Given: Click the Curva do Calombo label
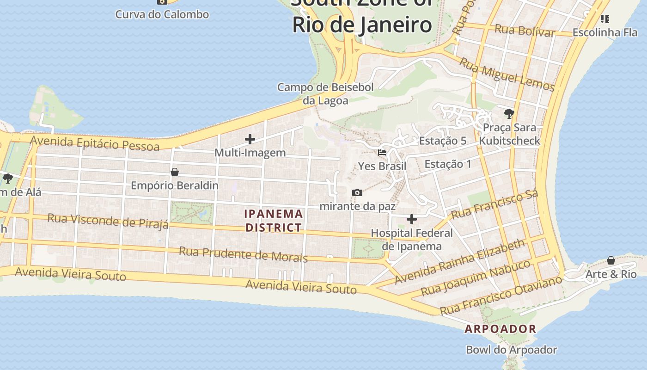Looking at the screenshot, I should click(162, 14).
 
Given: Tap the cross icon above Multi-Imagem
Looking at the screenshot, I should click(250, 139).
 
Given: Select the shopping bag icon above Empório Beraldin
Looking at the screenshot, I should click(175, 172).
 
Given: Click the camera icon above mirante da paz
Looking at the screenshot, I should click(357, 192).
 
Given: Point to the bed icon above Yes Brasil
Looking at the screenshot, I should click(382, 152).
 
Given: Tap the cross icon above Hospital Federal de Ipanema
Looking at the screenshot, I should click(411, 219).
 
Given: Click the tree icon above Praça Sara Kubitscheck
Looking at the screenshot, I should click(509, 113).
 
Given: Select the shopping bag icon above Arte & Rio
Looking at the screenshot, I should click(611, 260).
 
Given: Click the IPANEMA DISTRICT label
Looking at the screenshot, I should click(274, 221).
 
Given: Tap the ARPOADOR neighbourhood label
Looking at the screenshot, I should click(501, 329).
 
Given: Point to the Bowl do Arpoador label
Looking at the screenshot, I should click(511, 350).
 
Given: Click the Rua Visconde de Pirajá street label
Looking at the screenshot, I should click(108, 221).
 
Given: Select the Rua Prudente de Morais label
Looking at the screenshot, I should click(243, 254).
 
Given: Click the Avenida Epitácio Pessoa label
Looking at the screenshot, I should click(95, 143).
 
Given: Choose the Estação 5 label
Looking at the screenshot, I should click(443, 141).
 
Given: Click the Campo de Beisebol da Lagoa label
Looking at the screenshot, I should click(325, 93).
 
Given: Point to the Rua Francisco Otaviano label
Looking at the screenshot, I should click(501, 296).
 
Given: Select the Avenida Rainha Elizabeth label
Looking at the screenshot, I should click(460, 261).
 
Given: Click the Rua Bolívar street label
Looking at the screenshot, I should click(524, 31).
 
